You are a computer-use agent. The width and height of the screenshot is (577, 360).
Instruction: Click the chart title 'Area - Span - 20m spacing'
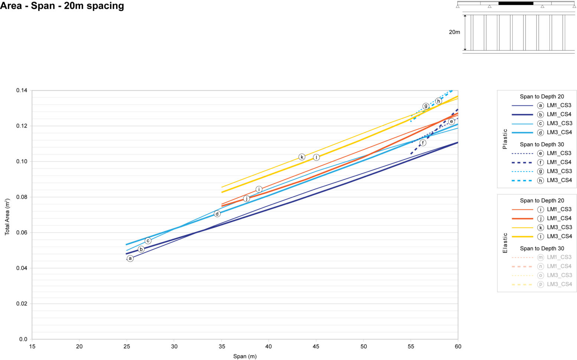click(62, 6)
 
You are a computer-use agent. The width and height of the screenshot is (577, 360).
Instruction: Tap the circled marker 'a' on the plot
click(130, 258)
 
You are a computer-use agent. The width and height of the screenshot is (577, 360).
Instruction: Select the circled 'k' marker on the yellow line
click(302, 157)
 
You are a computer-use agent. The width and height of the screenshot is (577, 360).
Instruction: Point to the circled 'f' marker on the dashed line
click(423, 143)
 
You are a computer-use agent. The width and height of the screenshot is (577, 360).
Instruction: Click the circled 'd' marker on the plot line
click(217, 214)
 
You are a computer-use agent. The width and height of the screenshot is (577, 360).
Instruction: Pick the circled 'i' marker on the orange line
click(259, 189)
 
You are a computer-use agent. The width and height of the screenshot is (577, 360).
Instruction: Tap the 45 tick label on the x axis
click(316, 347)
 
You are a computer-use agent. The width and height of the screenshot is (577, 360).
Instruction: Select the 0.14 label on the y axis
click(22, 91)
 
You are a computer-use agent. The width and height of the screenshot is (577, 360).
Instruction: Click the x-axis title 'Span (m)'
click(245, 356)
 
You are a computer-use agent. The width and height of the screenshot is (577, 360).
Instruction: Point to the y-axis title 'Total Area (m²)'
click(7, 217)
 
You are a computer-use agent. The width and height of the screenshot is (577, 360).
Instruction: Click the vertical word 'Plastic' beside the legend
click(505, 139)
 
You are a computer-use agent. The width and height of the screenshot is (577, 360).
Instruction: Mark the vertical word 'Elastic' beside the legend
click(505, 243)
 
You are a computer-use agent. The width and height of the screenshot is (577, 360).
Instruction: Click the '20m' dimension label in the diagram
click(454, 32)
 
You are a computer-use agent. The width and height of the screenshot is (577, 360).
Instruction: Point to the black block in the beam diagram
click(515, 3)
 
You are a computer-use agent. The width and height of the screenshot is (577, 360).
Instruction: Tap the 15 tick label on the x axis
click(32, 347)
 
